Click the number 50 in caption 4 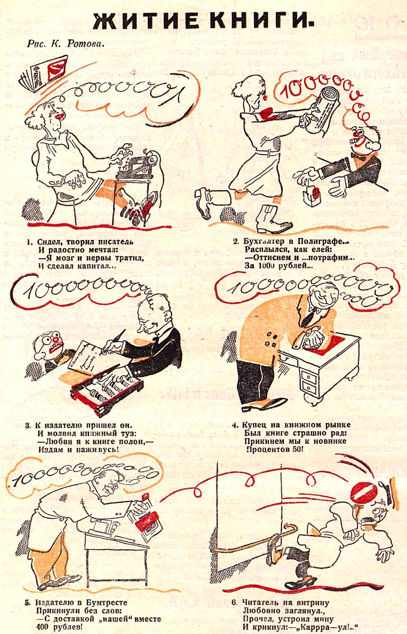click(294, 449)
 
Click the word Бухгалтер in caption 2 click(267, 241)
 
